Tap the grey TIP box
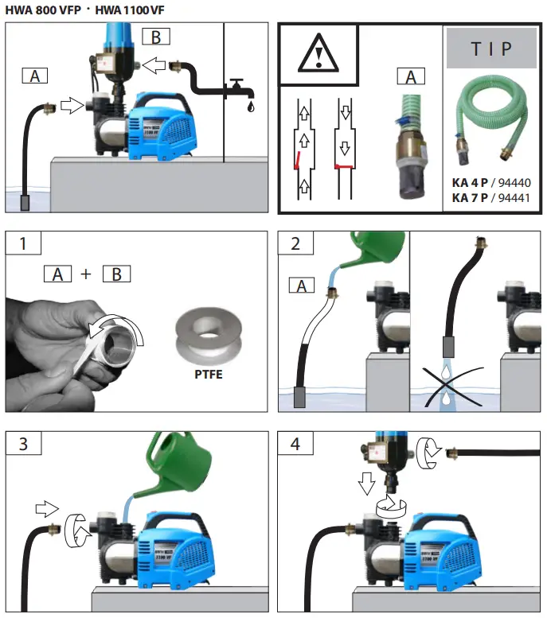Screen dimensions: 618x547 click(x=491, y=49)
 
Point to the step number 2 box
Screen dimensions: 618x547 click(x=296, y=244)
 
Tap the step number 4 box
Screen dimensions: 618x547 click(x=296, y=444)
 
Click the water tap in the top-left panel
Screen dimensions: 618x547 click(x=236, y=87)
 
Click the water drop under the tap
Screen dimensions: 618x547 click(x=252, y=106)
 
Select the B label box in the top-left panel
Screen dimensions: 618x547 click(x=155, y=36)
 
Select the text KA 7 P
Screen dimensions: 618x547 click(x=471, y=196)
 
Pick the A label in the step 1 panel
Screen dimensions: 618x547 click(x=57, y=274)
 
